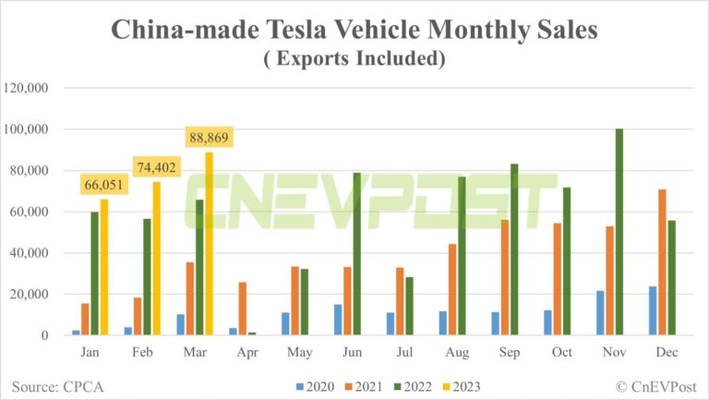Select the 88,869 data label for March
coord(208,139)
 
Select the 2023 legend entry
coord(459,385)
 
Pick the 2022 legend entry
coord(412,385)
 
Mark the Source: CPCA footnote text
coord(57,384)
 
